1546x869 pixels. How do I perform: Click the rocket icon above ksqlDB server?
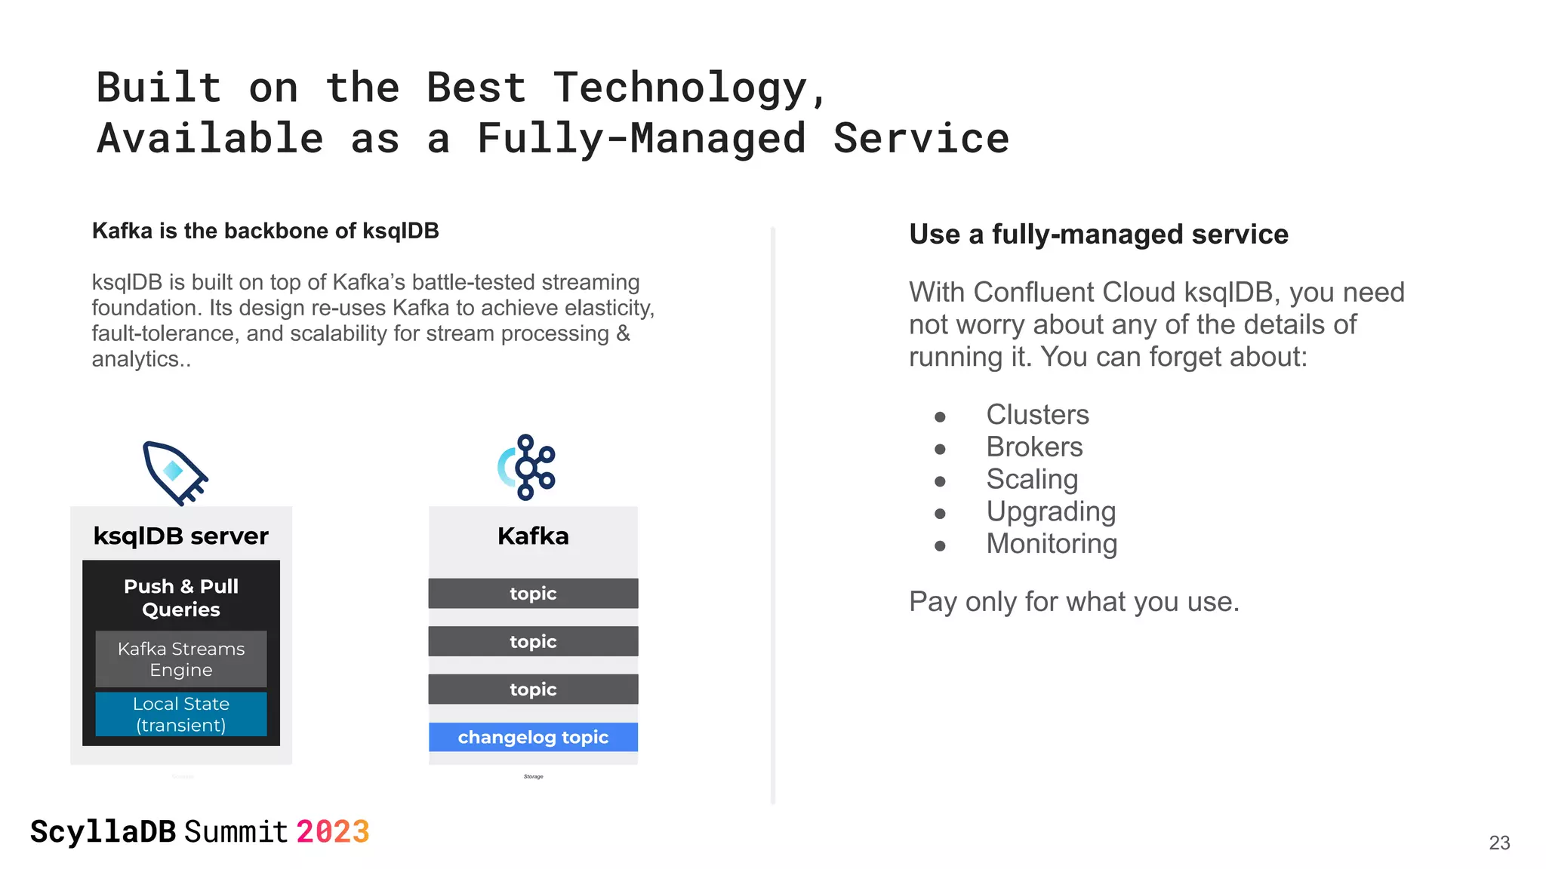[x=175, y=472]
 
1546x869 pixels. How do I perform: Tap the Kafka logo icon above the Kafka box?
[x=527, y=467]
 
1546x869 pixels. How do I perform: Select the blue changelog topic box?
[x=533, y=737]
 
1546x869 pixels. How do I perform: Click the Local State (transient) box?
[x=181, y=714]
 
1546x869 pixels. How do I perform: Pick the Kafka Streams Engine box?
[x=181, y=659]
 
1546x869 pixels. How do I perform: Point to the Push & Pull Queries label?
[x=181, y=597]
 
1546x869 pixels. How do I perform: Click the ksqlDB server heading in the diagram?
[x=181, y=536]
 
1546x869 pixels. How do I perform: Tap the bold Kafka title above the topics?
[x=533, y=536]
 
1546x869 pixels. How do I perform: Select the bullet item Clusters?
[x=1037, y=415]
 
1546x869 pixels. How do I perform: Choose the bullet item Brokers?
[x=1034, y=447]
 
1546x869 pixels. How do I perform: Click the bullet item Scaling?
[x=1032, y=480]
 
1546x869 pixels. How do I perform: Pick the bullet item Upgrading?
[x=1051, y=512]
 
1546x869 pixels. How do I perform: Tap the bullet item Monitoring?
[x=1052, y=544]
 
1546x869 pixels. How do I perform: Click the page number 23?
[x=1499, y=843]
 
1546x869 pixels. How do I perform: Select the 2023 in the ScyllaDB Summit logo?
[x=332, y=832]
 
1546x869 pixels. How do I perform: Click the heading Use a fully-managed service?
[x=1098, y=235]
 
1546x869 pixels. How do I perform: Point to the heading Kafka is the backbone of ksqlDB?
[x=266, y=231]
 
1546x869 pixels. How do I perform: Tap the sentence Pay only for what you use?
[x=1073, y=602]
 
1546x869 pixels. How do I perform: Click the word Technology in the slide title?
[x=681, y=88]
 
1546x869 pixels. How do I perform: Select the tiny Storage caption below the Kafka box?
[x=533, y=776]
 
